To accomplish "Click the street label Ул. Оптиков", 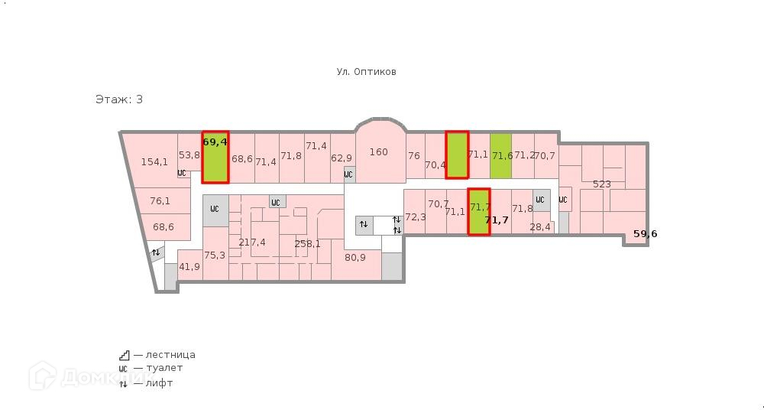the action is (x=366, y=72).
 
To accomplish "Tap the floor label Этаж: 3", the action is (x=118, y=99).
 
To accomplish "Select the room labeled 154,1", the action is (x=154, y=161).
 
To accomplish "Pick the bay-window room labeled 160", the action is (x=379, y=152).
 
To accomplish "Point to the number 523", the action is (x=602, y=184).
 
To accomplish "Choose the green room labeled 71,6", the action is (x=501, y=156).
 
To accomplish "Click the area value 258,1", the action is (x=308, y=244).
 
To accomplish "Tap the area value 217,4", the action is (x=252, y=242).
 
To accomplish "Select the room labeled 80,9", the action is (x=355, y=258).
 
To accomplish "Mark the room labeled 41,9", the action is (x=189, y=267).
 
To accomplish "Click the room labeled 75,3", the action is (x=215, y=255).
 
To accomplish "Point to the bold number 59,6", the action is (x=646, y=234).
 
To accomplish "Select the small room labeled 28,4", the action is (x=540, y=227).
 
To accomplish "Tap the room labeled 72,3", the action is (x=415, y=217).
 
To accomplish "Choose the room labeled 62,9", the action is (x=342, y=158).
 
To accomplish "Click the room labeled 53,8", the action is (x=189, y=155).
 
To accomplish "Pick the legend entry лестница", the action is (x=164, y=355).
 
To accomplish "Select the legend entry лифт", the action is (x=153, y=382).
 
